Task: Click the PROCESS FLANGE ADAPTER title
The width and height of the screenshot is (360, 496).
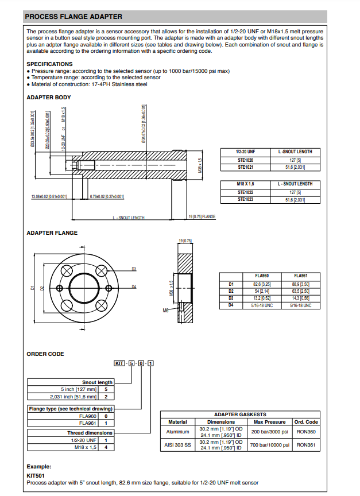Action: [73, 17]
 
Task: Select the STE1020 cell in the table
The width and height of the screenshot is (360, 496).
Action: [245, 160]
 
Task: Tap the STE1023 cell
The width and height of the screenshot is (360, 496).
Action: [245, 199]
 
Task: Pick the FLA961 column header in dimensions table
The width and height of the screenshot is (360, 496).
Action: [301, 276]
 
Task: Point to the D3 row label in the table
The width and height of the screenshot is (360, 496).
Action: [231, 299]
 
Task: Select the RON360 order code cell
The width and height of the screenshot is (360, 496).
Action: [306, 432]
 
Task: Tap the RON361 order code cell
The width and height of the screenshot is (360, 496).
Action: [306, 445]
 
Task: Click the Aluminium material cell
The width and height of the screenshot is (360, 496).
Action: [177, 432]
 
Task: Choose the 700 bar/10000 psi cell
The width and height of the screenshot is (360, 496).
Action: [269, 445]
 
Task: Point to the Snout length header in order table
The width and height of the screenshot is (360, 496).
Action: [97, 382]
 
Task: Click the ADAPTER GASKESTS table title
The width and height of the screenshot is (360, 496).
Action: [239, 414]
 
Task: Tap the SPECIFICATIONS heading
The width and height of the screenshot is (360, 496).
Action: [50, 64]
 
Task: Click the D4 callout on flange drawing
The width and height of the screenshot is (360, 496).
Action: [134, 286]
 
